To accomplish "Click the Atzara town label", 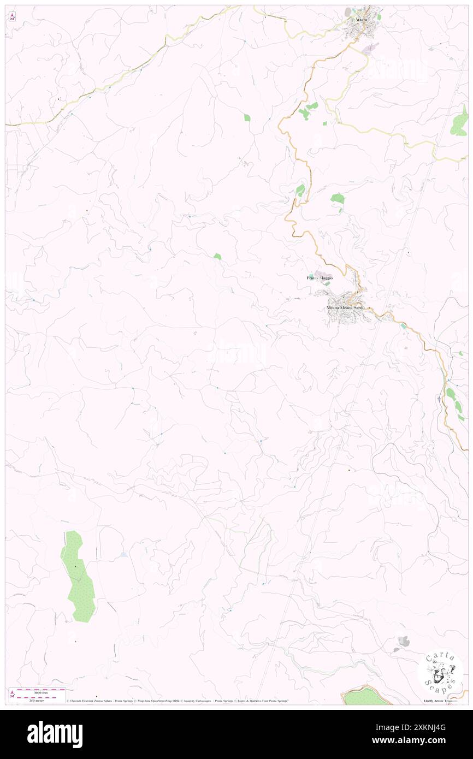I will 360,20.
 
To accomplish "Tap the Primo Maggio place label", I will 320,278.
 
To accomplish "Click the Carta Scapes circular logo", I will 440,672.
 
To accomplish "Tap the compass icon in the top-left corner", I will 12,16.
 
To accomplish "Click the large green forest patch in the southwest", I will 78,577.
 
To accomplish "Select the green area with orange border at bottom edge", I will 366,696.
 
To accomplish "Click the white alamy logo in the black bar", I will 55,734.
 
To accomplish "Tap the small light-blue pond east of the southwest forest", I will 124,555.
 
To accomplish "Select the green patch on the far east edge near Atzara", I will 459,123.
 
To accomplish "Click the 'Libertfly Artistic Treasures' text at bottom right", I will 442,701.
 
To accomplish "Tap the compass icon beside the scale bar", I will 12,694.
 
